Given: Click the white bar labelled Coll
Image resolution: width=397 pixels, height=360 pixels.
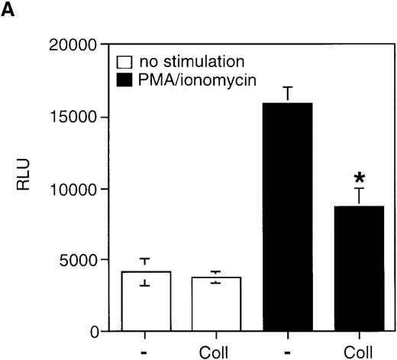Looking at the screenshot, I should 216,304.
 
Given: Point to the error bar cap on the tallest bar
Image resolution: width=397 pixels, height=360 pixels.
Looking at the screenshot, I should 288,88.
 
